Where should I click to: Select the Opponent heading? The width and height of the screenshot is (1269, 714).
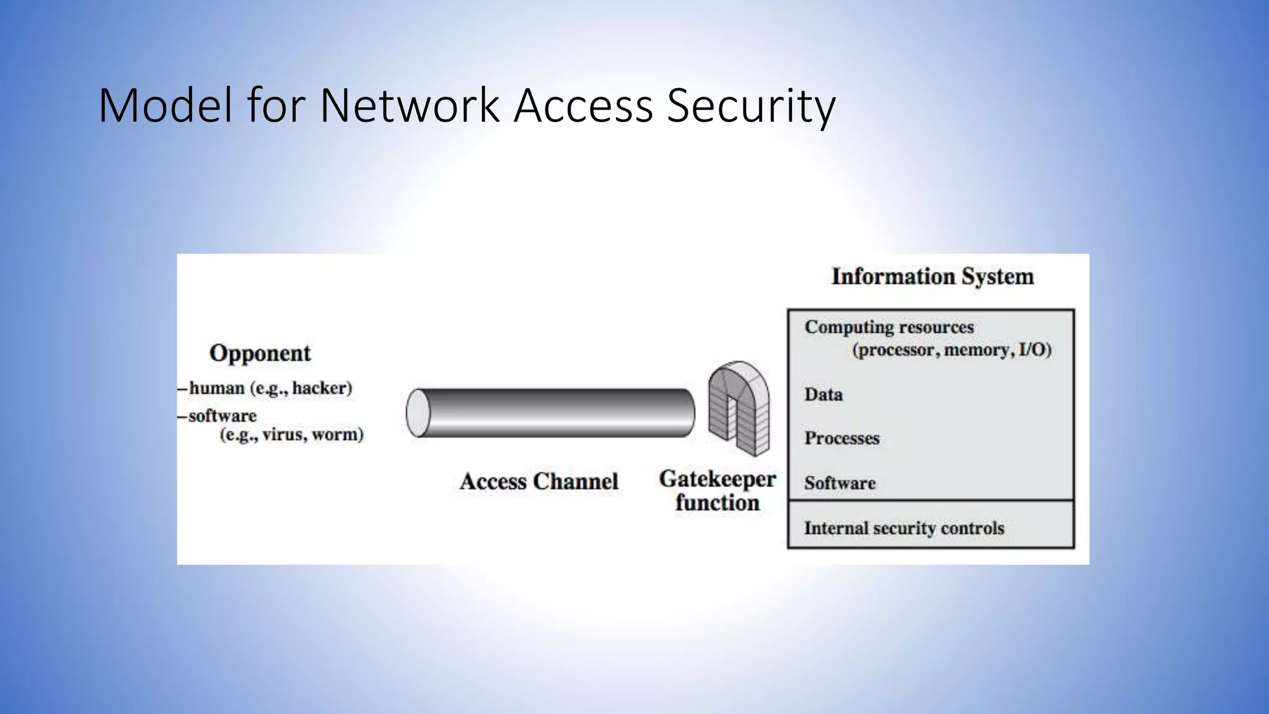point(260,353)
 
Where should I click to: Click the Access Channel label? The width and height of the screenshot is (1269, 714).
point(538,482)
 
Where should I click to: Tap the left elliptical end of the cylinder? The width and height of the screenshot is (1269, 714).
point(418,413)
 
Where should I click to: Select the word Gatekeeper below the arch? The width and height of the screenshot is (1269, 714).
point(717,479)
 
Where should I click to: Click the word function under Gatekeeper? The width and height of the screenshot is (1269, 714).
point(717,503)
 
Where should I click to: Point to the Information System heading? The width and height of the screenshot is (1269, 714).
point(932,276)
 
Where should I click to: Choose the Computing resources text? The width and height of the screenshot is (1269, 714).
point(889,327)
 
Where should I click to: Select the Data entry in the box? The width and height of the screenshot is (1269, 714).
point(823,395)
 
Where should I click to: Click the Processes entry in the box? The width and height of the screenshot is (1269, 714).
point(841,438)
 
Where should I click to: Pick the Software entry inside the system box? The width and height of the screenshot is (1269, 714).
point(840,483)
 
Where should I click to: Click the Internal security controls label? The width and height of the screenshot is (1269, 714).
point(903,528)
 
